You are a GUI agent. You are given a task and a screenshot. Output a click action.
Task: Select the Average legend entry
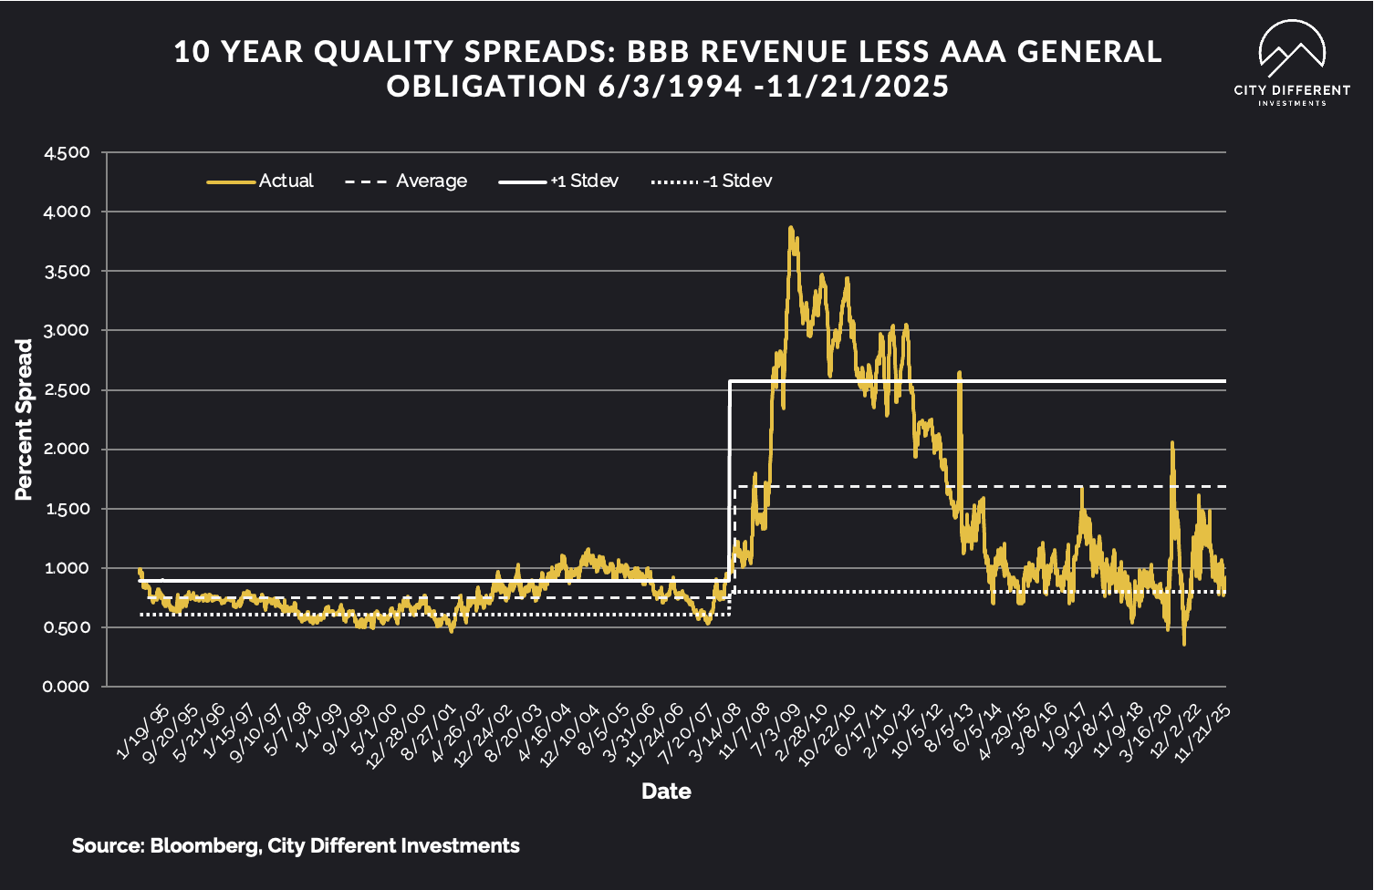[x=406, y=181]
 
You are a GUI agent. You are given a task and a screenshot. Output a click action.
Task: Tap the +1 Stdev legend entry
[x=558, y=181]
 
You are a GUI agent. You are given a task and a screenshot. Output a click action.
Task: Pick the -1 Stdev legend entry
[x=712, y=181]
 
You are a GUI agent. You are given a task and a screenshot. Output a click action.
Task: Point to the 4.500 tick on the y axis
[x=68, y=152]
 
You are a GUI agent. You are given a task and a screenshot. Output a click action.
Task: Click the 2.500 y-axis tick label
[x=68, y=390]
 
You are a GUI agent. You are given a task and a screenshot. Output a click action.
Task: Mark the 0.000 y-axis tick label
[x=68, y=687]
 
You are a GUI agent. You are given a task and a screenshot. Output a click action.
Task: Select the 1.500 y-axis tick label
[x=68, y=509]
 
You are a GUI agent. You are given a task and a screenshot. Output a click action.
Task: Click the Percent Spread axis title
[x=24, y=419]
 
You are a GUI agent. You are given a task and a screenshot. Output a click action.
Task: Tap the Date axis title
[x=666, y=791]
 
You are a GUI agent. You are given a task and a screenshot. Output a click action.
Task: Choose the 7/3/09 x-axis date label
[x=776, y=731]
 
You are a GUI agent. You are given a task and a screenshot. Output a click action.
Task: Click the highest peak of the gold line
[x=791, y=228]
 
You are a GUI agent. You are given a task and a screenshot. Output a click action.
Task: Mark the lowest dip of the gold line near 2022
[x=1184, y=644]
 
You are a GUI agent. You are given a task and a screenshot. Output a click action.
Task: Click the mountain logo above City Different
[x=1292, y=49]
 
